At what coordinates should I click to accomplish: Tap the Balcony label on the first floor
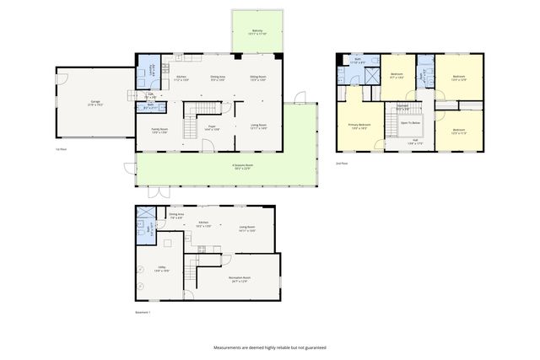(256, 32)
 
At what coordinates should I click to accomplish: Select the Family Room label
(159, 131)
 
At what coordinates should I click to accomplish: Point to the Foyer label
(212, 126)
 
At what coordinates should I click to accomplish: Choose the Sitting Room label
(257, 78)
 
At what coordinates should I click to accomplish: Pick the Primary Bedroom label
(359, 126)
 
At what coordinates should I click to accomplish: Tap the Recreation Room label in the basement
(240, 279)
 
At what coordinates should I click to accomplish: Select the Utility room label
(162, 269)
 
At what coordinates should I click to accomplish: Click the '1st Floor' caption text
(60, 148)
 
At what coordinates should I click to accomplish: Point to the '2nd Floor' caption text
(341, 163)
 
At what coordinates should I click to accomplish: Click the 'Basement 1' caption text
(143, 313)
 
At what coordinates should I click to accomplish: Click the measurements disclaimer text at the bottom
(269, 347)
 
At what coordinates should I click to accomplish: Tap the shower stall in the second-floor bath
(368, 73)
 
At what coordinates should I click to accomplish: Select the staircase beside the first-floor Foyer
(197, 110)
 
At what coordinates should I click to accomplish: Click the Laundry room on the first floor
(152, 73)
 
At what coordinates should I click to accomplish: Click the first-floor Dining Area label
(217, 78)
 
